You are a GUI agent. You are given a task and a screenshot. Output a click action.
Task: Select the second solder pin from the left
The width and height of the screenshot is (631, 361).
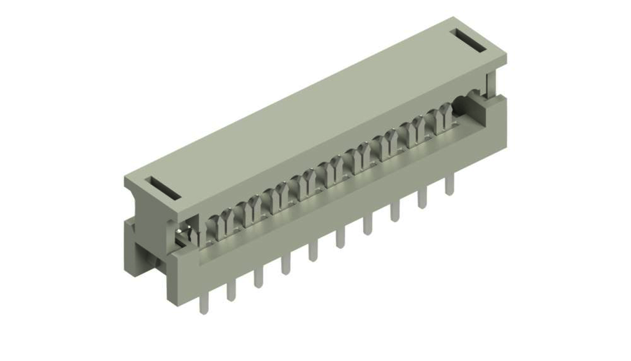coord(231,289)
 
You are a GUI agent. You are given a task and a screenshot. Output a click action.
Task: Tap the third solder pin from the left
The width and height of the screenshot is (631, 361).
coord(259,276)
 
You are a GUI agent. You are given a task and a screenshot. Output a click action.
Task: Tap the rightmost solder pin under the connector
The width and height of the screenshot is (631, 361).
coord(449,185)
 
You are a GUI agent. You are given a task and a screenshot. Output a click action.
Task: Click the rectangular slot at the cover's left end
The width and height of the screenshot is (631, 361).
coord(162,188)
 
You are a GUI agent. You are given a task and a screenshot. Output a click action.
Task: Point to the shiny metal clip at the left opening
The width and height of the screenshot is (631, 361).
coord(183,233)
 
